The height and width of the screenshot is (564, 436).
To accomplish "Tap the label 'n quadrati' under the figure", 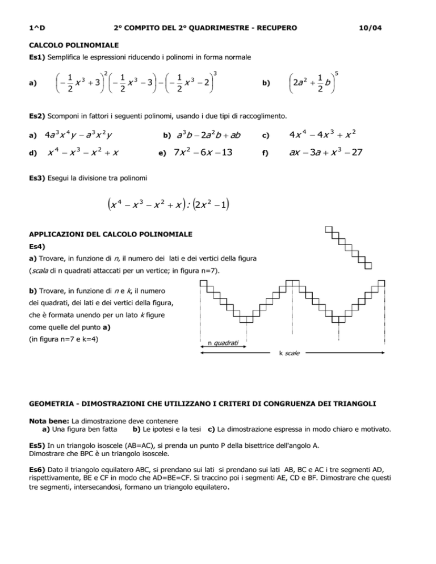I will pos(223,342).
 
